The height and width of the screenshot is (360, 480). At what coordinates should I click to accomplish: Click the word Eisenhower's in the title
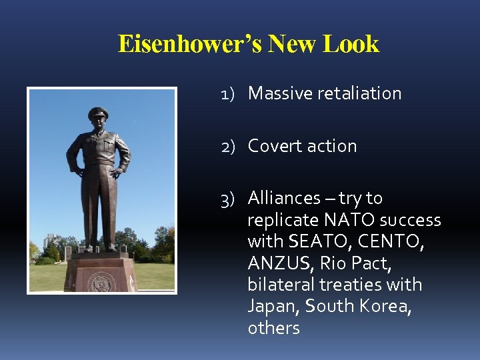tap(189, 44)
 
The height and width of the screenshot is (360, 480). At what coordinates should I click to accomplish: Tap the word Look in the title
tap(351, 44)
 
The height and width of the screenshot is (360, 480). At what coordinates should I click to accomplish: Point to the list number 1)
tap(230, 94)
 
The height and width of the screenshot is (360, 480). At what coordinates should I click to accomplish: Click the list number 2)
tap(229, 147)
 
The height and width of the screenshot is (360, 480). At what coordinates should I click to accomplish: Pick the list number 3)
tap(229, 199)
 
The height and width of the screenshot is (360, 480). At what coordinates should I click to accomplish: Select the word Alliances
tap(284, 198)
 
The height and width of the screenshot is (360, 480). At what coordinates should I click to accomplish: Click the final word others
tap(273, 328)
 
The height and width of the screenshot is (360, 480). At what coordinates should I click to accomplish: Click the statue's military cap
tap(98, 113)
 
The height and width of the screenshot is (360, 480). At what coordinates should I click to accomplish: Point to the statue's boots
tap(98, 247)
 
